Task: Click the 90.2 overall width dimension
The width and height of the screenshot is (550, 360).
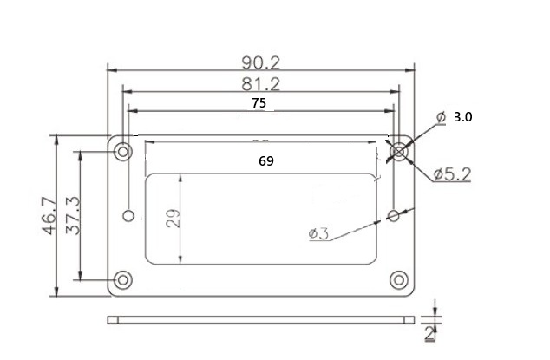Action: coord(261,62)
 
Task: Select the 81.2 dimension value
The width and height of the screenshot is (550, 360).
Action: coord(261,84)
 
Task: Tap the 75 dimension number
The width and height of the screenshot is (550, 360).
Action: coord(259,103)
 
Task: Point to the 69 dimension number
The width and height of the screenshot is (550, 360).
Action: coord(266,161)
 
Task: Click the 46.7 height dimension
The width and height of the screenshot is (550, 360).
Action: coord(49,216)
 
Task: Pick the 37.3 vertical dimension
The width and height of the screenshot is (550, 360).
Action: coord(73,216)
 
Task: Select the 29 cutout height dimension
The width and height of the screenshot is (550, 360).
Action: coord(173,219)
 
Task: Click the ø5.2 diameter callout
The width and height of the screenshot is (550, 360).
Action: coord(452,174)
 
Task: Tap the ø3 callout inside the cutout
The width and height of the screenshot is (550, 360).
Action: coord(319,233)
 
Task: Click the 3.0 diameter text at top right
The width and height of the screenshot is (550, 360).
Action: coord(463,117)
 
